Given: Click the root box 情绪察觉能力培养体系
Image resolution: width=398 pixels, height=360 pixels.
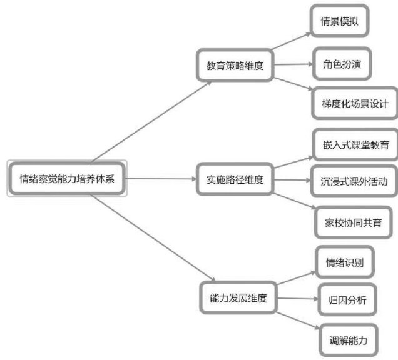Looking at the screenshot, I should (x=67, y=179).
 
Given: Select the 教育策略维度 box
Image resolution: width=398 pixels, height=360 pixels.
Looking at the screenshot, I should (x=235, y=64).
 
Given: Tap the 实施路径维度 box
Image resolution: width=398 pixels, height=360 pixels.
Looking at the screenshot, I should (x=234, y=180).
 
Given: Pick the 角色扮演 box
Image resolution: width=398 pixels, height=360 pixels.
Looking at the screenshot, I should (x=342, y=64).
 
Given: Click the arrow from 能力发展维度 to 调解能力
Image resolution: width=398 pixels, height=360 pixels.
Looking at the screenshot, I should (x=297, y=319).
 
